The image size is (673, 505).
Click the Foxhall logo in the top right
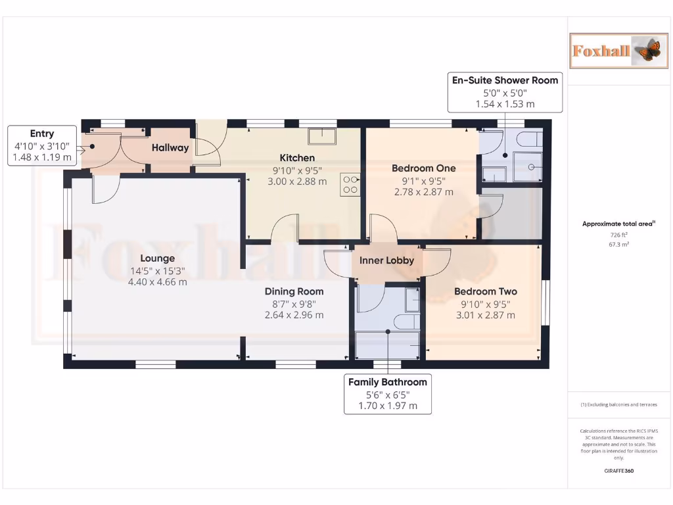coord(617,50)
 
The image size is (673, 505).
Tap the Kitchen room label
coord(297,158)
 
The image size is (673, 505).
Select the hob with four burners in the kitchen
coord(350,184)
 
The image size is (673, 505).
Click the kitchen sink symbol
coord(323,136)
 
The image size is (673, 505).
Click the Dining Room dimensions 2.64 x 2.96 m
coord(294,315)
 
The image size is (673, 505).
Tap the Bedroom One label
coord(423,168)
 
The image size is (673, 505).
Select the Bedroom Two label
coord(485,291)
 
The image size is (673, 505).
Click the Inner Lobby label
coord(386,260)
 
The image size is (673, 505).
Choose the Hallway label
coord(170,148)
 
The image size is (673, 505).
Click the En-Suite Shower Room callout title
coord(505,80)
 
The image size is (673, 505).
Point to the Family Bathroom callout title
coord(387,382)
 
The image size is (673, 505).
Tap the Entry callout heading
coord(42,133)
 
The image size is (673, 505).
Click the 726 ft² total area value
coord(618,235)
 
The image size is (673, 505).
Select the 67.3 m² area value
coord(618,244)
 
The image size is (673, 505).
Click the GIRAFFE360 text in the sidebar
coord(618,471)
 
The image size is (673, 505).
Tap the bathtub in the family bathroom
coord(388,345)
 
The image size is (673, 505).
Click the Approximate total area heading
coord(618,224)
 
